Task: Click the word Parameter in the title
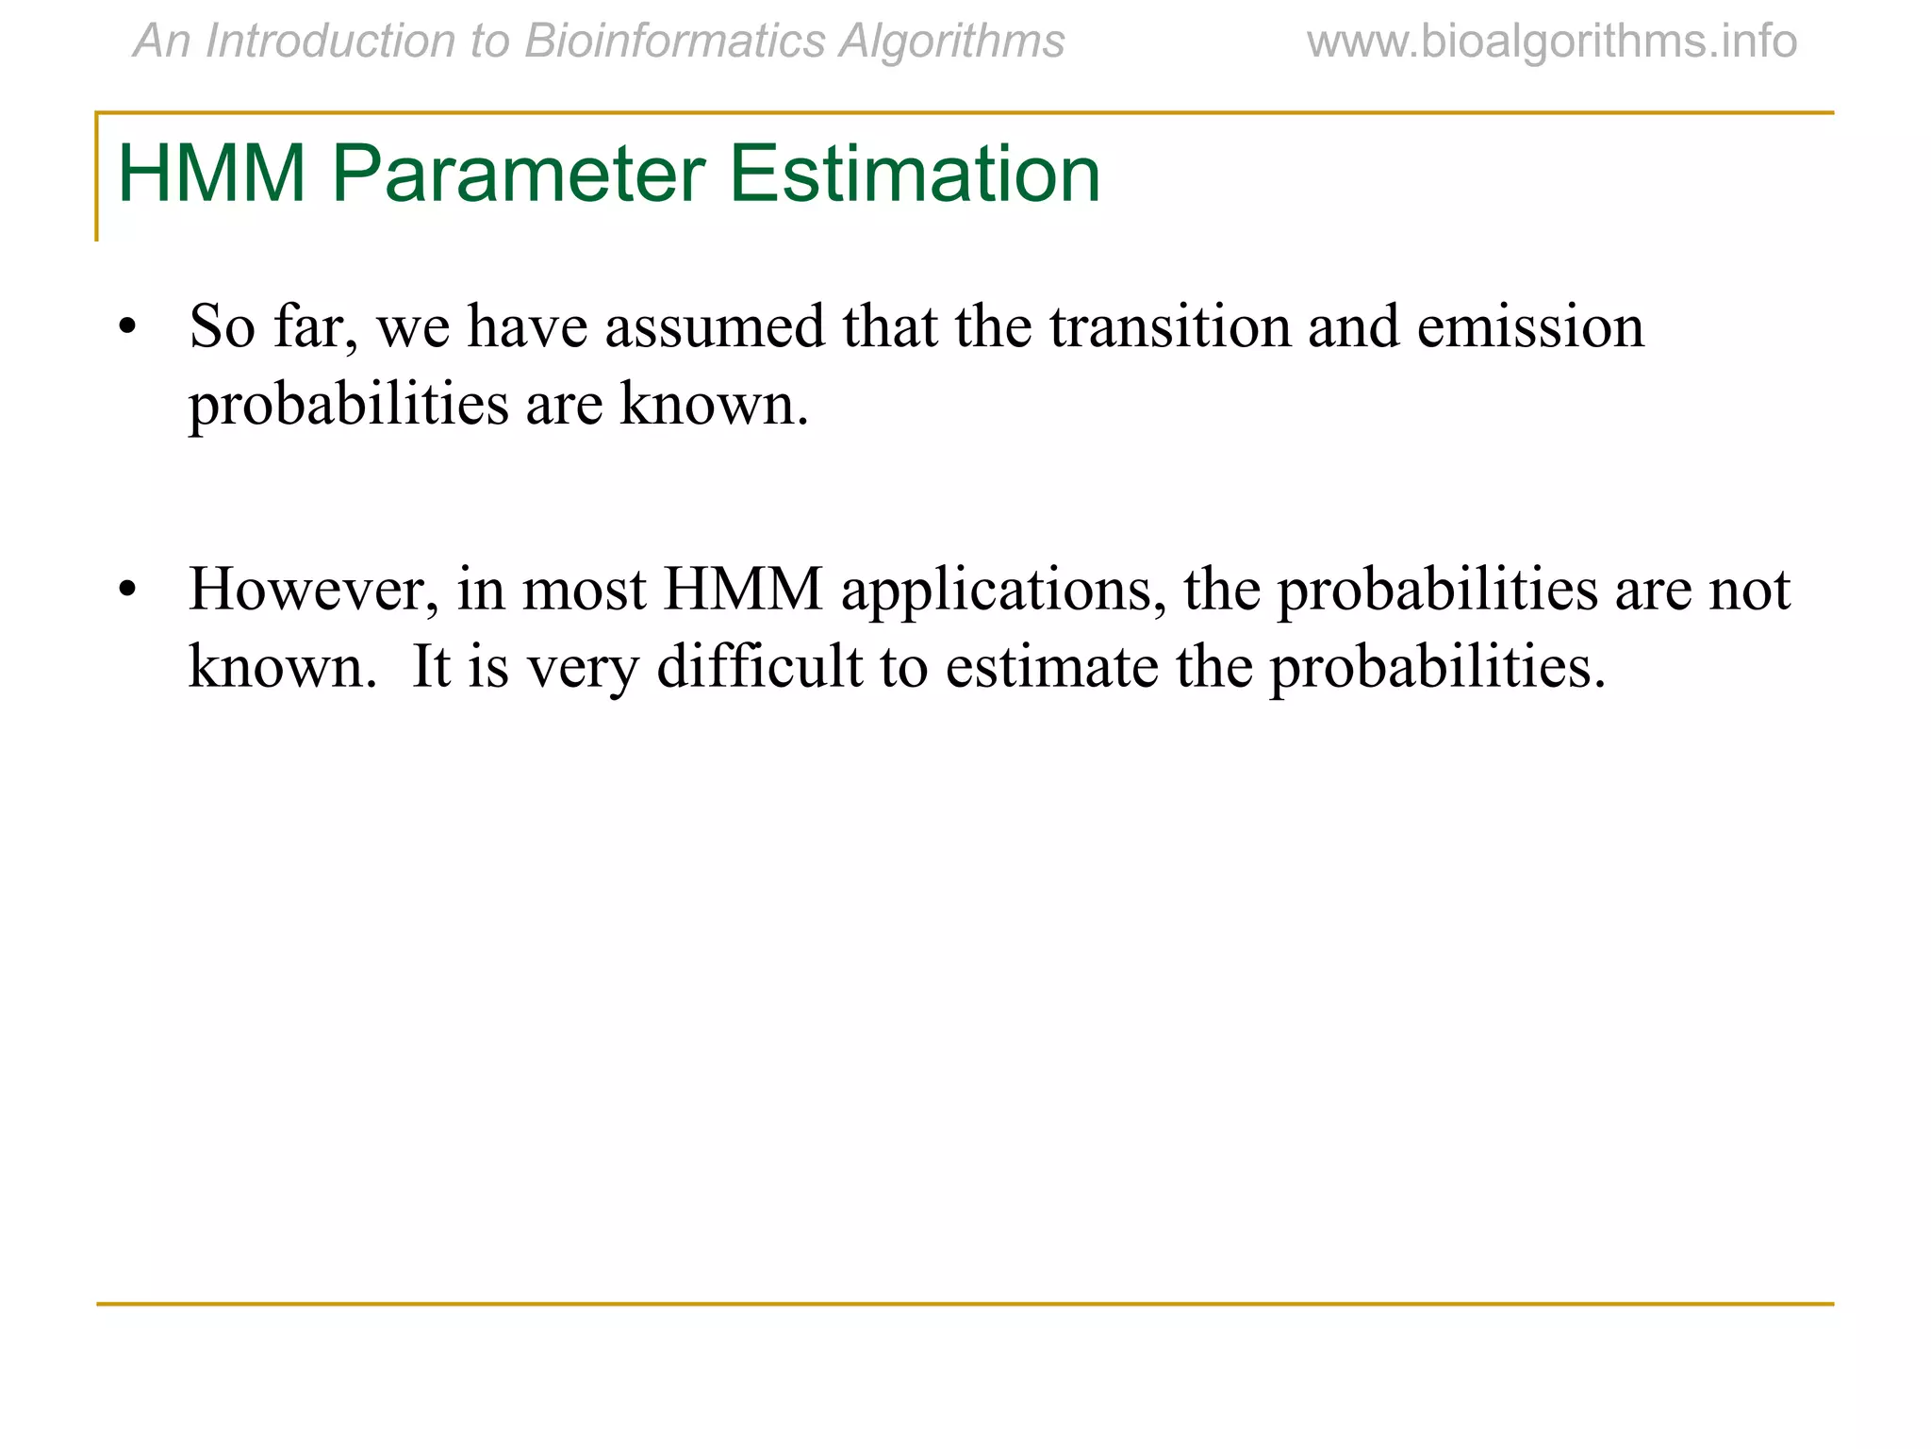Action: (x=518, y=175)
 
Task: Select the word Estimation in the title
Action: (x=915, y=175)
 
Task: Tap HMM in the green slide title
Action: (x=211, y=175)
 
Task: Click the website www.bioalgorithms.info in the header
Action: (x=1552, y=42)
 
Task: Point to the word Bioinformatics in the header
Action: (x=673, y=42)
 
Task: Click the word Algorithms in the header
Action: (x=951, y=42)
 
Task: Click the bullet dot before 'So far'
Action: (x=127, y=328)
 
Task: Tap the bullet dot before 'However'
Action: (x=127, y=591)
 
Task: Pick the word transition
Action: (x=1169, y=327)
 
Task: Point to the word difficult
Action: (x=759, y=667)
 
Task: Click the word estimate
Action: (x=1051, y=667)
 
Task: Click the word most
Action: (x=584, y=591)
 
